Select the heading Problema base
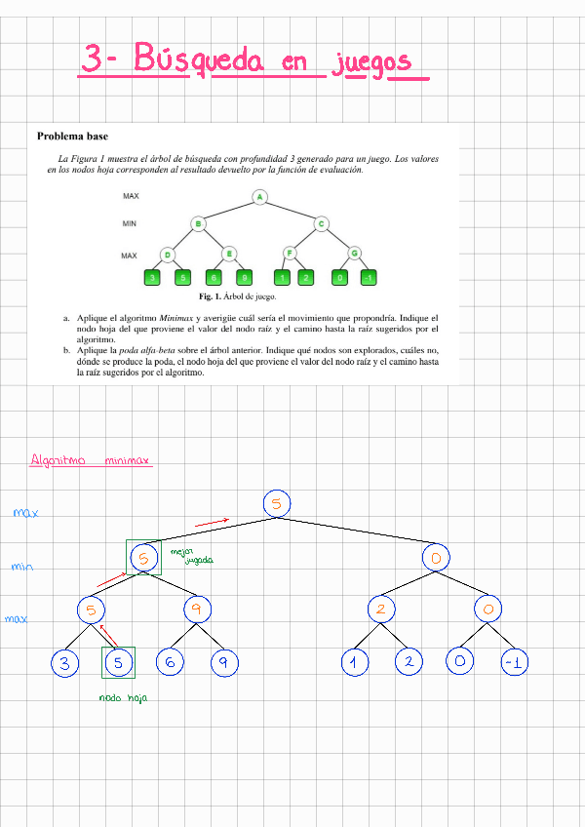point(73,136)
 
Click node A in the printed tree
point(260,198)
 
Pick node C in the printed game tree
point(322,224)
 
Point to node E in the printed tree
point(229,255)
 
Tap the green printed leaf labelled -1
point(367,279)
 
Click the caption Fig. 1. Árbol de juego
point(238,296)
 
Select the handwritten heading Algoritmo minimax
point(91,459)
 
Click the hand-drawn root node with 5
point(277,503)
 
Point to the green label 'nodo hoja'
point(123,697)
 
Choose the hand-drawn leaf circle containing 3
point(64,663)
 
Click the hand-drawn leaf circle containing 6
point(171,662)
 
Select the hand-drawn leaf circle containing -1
point(514,663)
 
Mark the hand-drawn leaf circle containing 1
point(355,663)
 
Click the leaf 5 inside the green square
point(118,663)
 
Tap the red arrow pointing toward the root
point(213,523)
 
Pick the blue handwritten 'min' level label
point(21,566)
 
